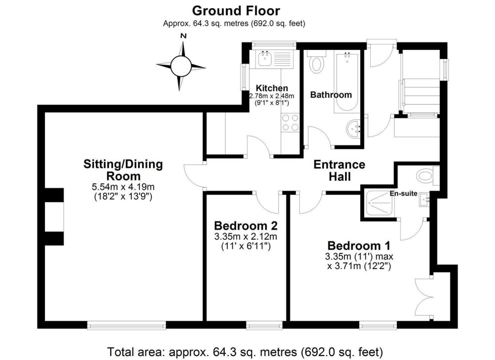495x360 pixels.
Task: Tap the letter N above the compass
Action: point(183,36)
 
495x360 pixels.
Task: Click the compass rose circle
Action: point(181,64)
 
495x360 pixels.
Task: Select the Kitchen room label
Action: point(271,88)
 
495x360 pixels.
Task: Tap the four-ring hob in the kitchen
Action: point(290,122)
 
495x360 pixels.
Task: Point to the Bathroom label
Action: point(331,95)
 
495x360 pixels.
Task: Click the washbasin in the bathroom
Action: point(353,129)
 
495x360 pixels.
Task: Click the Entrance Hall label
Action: point(339,170)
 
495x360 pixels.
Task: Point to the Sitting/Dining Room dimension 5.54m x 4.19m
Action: point(123,187)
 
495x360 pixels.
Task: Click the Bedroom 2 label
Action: point(246,226)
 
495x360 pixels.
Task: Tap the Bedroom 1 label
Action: point(359,246)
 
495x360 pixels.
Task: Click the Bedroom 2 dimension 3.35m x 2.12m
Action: point(246,237)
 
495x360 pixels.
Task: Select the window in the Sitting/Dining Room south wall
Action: point(126,325)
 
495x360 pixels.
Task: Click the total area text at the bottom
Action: point(246,351)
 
